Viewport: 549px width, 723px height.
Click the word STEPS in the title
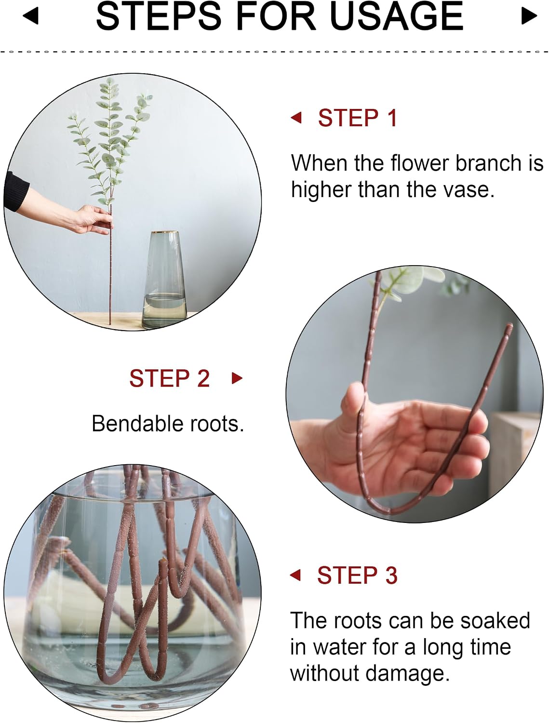159,16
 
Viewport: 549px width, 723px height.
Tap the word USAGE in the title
396,16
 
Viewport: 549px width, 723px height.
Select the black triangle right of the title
529,15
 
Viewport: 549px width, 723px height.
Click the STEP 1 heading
358,118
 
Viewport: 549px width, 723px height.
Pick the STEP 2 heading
170,378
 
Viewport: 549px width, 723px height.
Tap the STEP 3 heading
357,575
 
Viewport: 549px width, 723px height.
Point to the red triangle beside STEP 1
296,118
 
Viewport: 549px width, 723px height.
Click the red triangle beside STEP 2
237,378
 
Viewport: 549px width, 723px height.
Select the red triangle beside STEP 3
295,575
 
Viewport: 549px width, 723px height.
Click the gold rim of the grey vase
165,232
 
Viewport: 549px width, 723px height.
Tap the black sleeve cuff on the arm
16,191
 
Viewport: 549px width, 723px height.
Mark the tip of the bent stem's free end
510,325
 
